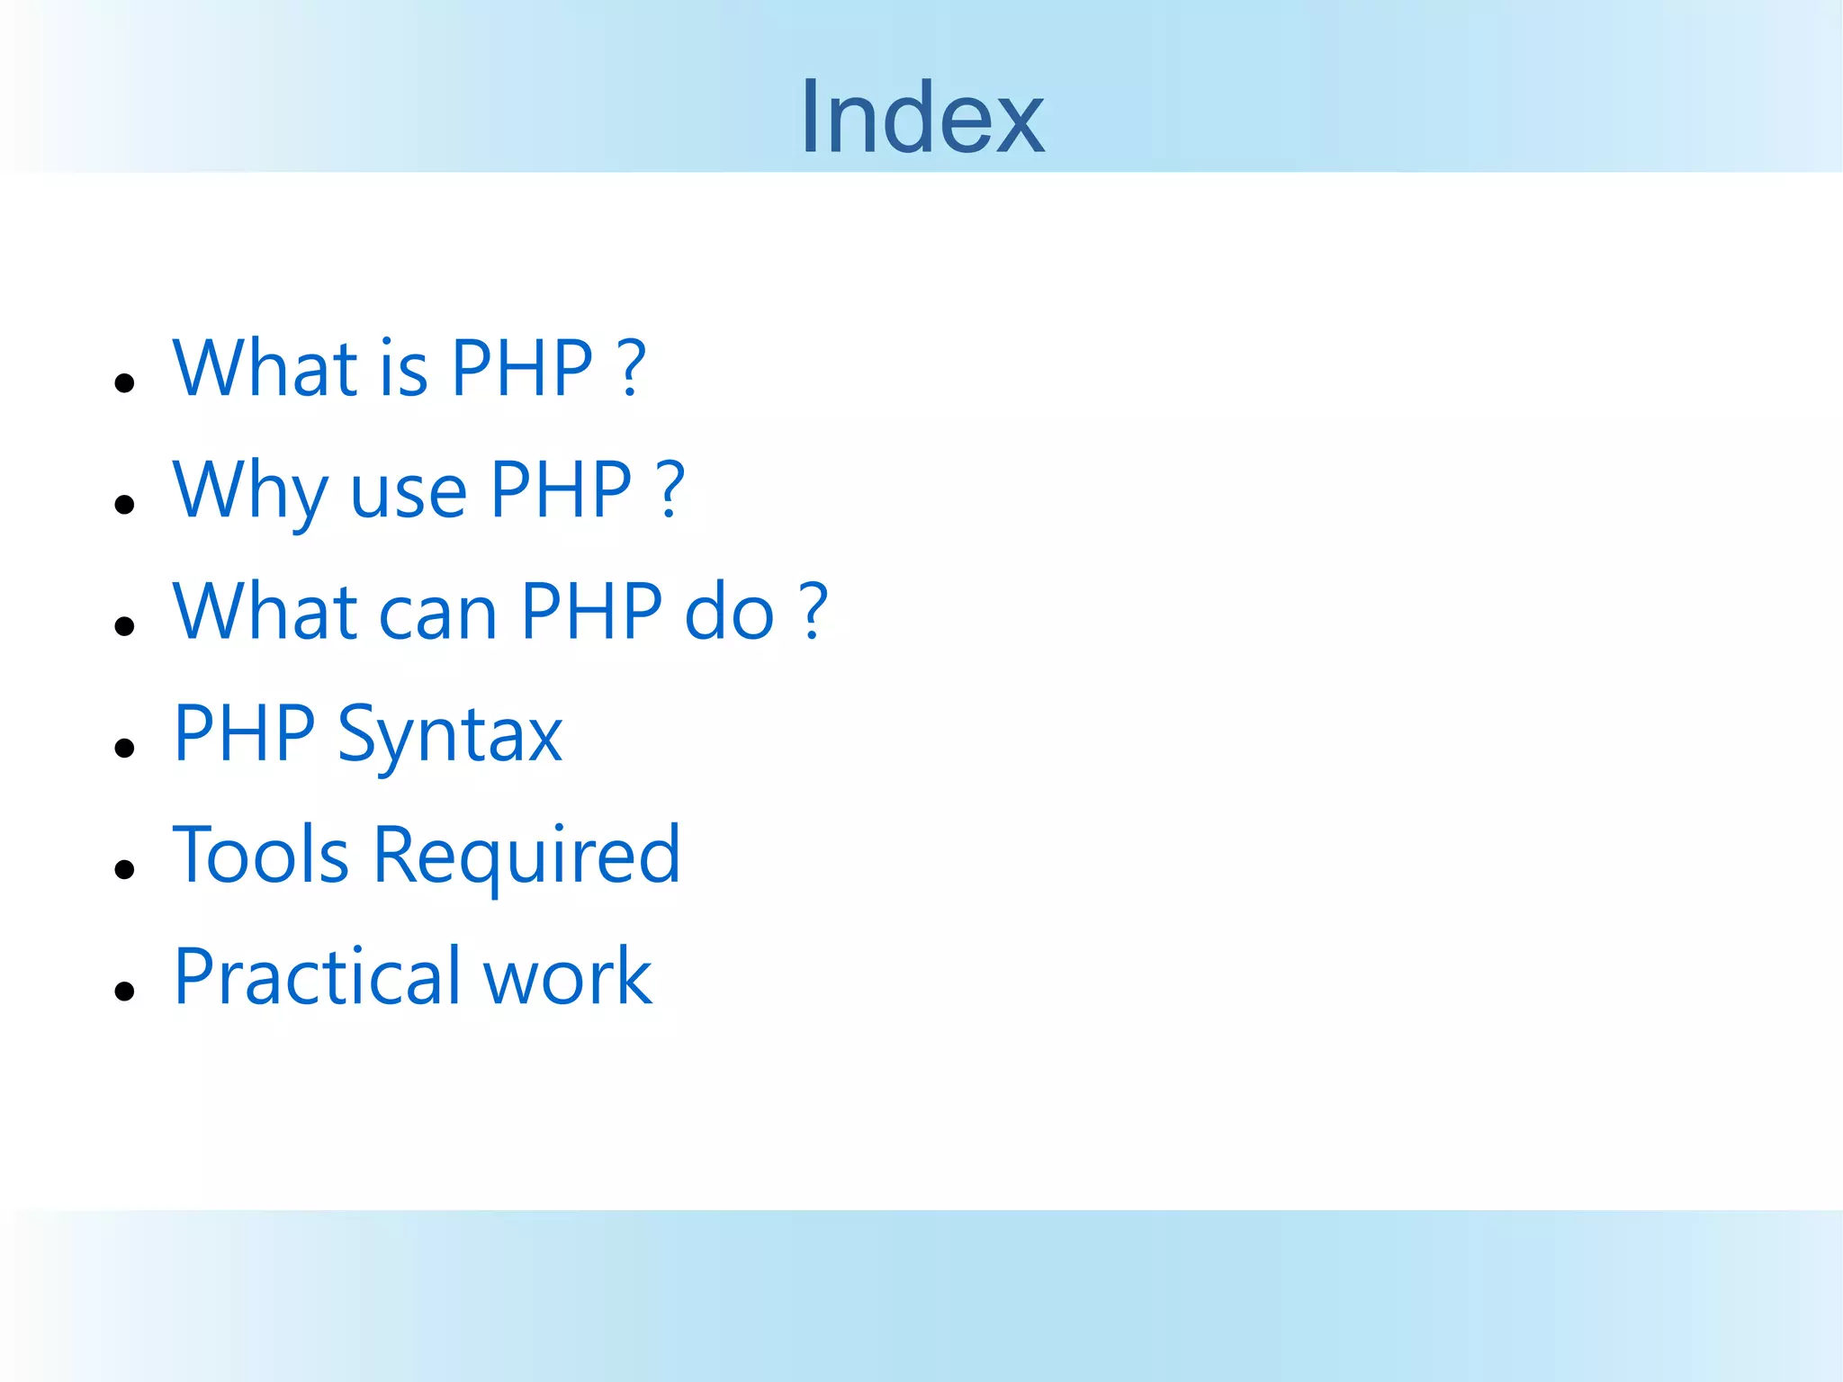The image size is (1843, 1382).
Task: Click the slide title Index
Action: (922, 118)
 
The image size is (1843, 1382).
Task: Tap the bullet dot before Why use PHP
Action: (125, 505)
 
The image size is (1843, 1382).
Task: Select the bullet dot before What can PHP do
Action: (125, 626)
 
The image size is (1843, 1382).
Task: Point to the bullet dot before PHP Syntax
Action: (125, 748)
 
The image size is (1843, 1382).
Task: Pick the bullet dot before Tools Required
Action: (125, 869)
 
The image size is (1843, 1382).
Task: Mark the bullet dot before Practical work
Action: (125, 991)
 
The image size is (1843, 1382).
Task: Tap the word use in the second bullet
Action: (408, 494)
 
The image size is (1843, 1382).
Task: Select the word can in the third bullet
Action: (437, 615)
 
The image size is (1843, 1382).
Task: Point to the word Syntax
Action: (449, 736)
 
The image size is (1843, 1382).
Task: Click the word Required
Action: (526, 857)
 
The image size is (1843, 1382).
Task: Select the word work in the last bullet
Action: (567, 978)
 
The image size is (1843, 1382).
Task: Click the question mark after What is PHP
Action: (634, 368)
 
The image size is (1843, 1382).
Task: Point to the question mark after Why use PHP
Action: (672, 490)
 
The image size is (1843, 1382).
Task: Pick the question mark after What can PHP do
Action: (814, 612)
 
